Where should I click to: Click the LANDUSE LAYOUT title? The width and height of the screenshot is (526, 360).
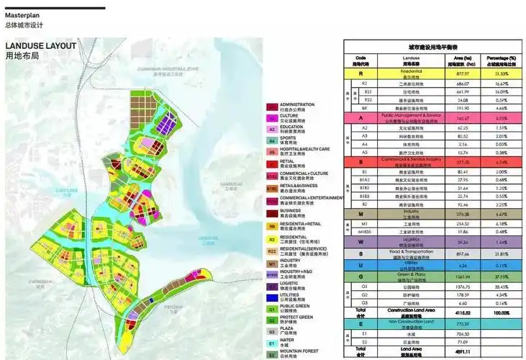(x=40, y=45)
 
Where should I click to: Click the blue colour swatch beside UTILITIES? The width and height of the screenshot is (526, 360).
(x=271, y=297)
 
